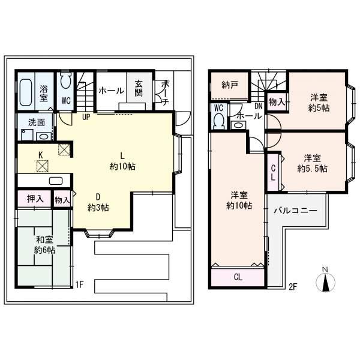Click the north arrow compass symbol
325,280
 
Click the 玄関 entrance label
139,91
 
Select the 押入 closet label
34,198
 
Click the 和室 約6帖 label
43,244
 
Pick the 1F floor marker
80,285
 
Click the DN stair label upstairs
258,107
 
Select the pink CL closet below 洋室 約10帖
238,278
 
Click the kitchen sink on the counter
55,181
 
